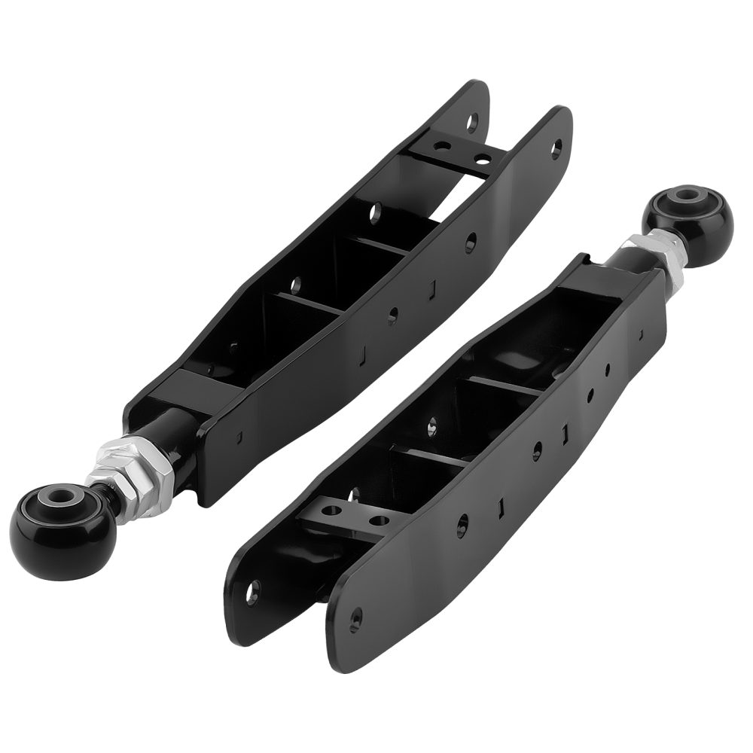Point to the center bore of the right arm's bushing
(x=687, y=195)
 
